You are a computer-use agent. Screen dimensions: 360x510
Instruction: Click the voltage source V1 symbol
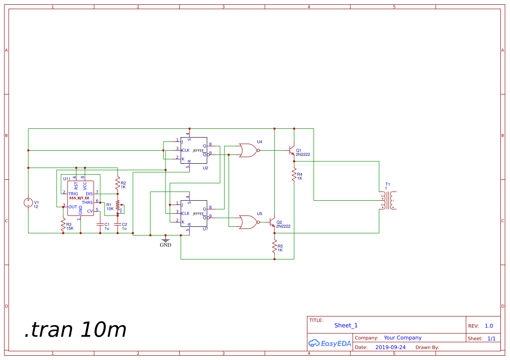click(x=28, y=202)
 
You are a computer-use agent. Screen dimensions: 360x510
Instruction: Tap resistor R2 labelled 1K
click(x=117, y=185)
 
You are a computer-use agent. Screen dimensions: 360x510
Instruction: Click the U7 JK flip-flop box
click(x=194, y=214)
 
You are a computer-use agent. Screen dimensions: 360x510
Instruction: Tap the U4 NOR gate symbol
click(x=248, y=150)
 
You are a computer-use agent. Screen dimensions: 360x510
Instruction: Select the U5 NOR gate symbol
click(x=248, y=222)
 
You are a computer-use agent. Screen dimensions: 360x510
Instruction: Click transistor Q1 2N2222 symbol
click(x=292, y=151)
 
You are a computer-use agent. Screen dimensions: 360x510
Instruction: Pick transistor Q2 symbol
click(x=273, y=222)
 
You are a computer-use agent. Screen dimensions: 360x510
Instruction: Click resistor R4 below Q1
click(x=294, y=175)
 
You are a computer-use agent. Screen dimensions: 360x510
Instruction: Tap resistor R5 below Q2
click(x=274, y=247)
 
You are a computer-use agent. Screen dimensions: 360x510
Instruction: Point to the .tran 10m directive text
click(x=75, y=330)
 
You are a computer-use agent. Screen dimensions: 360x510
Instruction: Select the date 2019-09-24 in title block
click(x=390, y=347)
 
